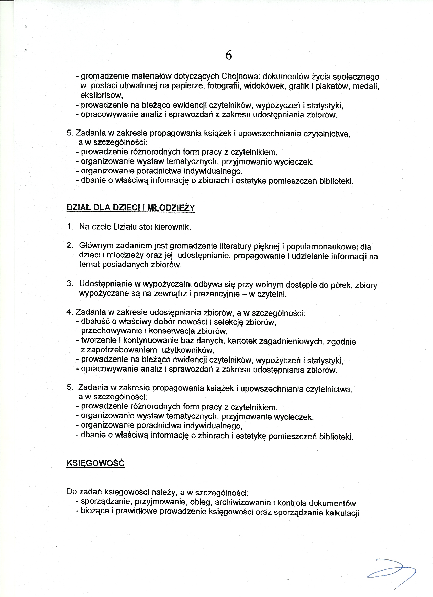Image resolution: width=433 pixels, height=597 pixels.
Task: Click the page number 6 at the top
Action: (x=229, y=55)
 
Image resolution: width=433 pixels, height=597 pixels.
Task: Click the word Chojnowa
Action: (x=240, y=76)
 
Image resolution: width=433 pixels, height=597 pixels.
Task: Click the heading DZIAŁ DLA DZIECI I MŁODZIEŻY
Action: (x=131, y=208)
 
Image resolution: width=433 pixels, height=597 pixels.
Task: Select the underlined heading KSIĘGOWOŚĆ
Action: (x=95, y=463)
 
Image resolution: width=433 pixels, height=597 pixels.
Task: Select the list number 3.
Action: (x=70, y=284)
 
